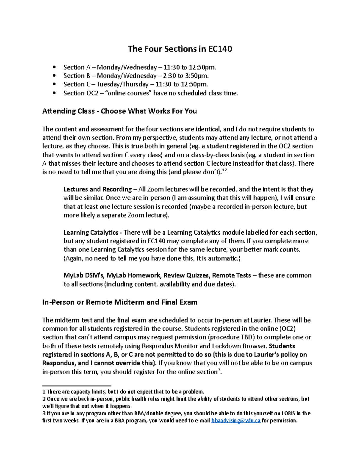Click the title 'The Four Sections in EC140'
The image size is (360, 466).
pos(180,49)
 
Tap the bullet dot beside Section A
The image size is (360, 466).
pos(54,67)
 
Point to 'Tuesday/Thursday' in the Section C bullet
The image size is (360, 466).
pos(122,84)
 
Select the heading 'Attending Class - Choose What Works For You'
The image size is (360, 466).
pos(119,111)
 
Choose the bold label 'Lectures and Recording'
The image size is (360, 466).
pos(97,189)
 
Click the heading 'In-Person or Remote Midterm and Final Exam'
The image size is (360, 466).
pos(120,302)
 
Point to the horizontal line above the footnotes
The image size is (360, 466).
pos(77,386)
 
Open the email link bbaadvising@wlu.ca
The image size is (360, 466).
pos(236,421)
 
